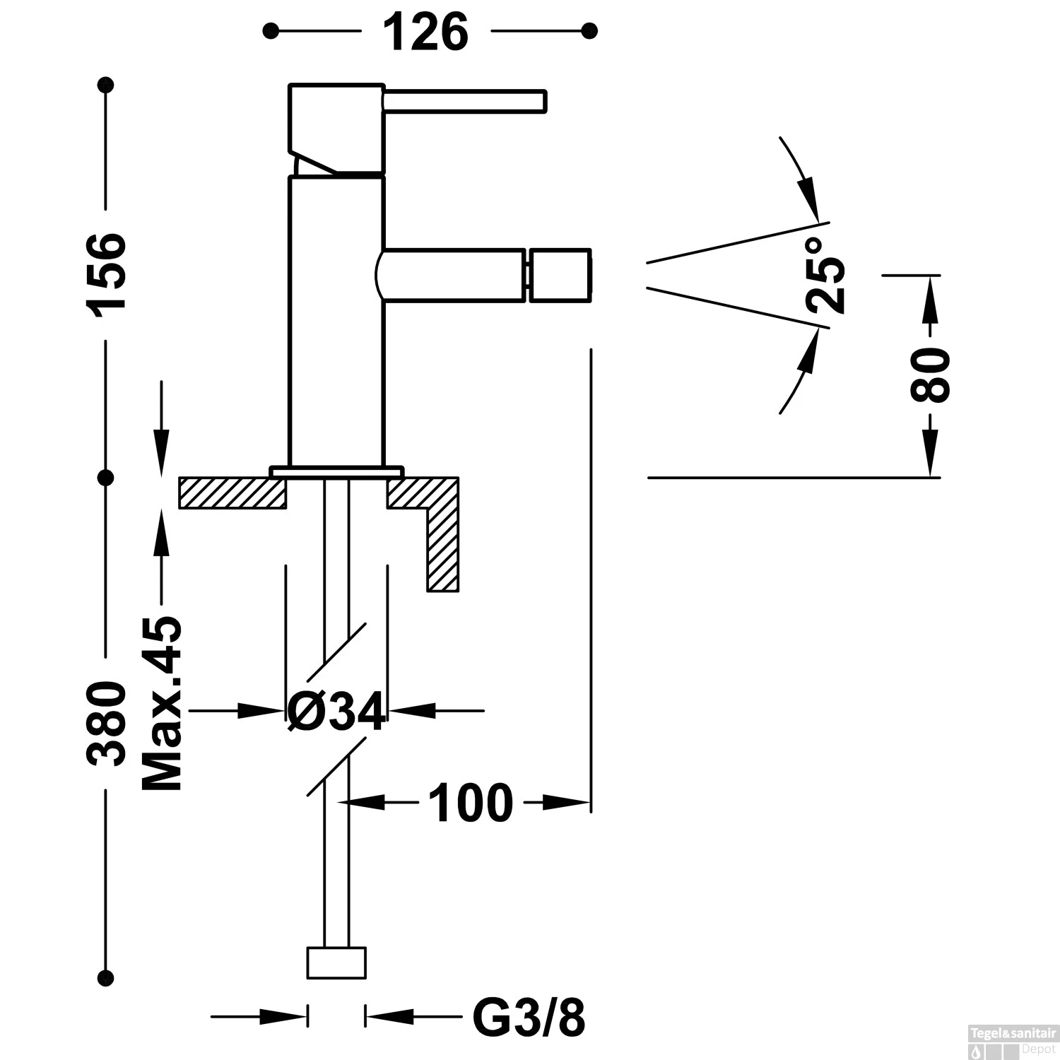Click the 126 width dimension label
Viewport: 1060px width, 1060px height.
[x=426, y=32]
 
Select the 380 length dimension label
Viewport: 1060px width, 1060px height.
[x=107, y=723]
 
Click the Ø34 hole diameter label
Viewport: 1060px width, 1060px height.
[x=337, y=711]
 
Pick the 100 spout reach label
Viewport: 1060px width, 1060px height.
[x=471, y=803]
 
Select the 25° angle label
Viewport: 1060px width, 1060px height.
[x=825, y=275]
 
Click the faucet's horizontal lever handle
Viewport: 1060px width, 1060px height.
[x=464, y=100]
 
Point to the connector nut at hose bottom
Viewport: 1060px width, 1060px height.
[x=336, y=962]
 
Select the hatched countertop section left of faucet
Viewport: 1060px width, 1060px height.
[x=232, y=493]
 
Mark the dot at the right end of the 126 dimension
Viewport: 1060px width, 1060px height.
[x=589, y=31]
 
